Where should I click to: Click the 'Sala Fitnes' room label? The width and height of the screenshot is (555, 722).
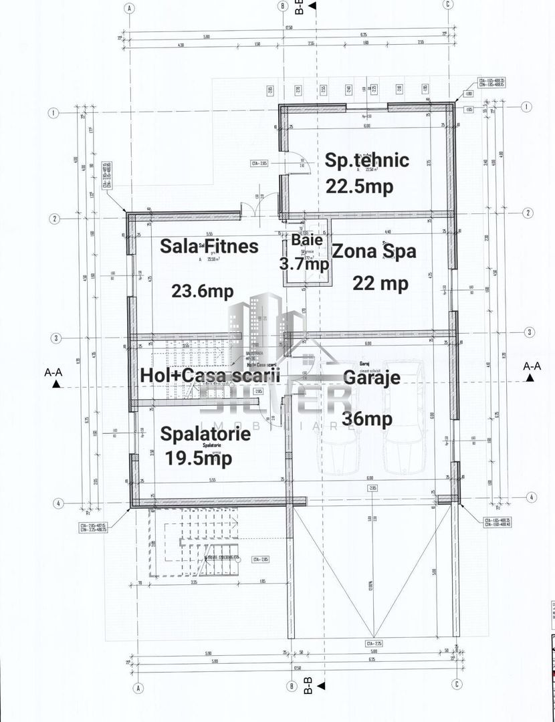pos(209,247)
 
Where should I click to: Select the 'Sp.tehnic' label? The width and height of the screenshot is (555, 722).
pos(366,160)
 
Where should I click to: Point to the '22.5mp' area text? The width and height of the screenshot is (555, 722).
pos(359,187)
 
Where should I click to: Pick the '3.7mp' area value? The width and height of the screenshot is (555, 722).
pos(304,264)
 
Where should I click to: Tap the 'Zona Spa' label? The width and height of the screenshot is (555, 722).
pos(374,252)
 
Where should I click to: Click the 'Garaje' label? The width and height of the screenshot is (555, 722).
pos(372,377)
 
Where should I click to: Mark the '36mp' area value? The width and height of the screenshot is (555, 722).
pos(366,418)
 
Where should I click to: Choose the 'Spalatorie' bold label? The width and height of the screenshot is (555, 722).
pos(205,434)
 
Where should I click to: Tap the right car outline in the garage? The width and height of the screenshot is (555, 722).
pos(405,418)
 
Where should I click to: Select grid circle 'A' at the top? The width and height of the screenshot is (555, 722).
pos(129,8)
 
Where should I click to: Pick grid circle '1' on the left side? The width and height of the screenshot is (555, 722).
pos(51,113)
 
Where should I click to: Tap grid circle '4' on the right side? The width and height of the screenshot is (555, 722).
pos(531,497)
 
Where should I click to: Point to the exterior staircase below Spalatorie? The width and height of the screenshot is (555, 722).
pos(194,541)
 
